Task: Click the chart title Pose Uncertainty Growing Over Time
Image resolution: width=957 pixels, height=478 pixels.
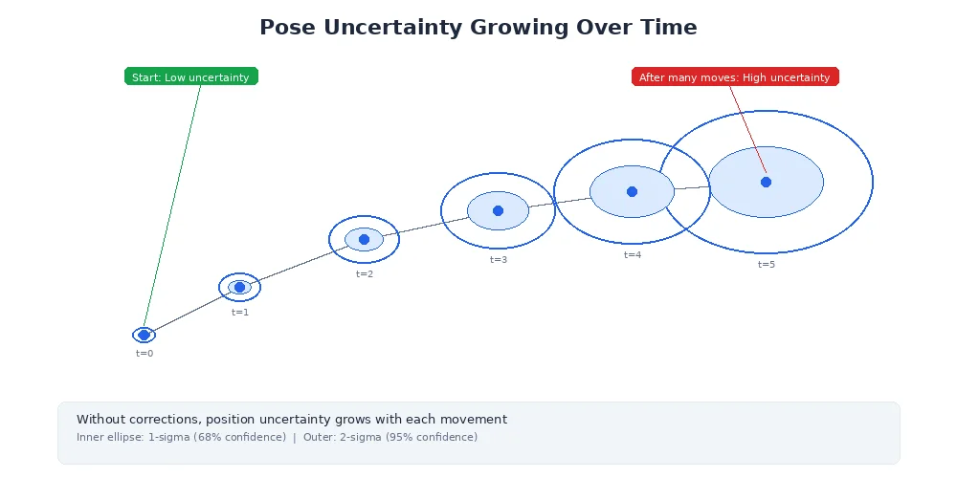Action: coord(478,28)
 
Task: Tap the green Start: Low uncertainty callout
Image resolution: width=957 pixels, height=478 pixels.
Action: coord(191,76)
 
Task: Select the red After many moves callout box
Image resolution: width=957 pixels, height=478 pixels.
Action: coord(735,76)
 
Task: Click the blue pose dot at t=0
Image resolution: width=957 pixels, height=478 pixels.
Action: coord(144,335)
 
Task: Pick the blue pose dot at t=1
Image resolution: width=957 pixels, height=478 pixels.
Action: coord(239,287)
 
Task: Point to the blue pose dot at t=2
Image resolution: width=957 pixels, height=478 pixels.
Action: coord(364,239)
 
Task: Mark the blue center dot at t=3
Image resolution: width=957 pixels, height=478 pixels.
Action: coord(498,210)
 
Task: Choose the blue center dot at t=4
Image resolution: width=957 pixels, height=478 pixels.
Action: coord(632,191)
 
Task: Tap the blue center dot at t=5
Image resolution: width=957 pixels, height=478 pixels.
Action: coord(766,182)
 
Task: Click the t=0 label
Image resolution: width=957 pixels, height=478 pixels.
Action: coord(145,354)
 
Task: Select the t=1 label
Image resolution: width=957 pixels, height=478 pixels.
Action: coord(240,313)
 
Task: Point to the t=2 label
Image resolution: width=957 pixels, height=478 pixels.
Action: coord(365,274)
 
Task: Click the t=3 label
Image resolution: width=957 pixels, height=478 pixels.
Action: coord(499,260)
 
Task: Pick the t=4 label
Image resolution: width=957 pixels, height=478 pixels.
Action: coord(633,255)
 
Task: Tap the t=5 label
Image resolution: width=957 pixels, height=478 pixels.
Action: coord(767,265)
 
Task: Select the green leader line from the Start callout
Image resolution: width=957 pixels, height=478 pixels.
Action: coord(172,206)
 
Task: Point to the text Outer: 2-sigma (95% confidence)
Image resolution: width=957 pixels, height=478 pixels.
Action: coord(390,438)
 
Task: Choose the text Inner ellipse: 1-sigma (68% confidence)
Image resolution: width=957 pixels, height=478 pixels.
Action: coord(181,438)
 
